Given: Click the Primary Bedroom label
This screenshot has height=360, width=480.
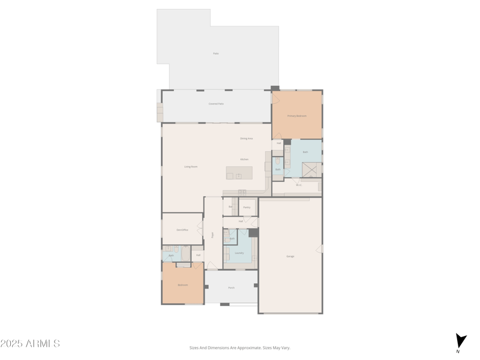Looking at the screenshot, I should click(297, 116).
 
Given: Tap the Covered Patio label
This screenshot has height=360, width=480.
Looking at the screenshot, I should click(216, 104).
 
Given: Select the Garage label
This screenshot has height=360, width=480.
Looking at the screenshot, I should click(290, 256).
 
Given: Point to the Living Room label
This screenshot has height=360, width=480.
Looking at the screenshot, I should click(191, 167).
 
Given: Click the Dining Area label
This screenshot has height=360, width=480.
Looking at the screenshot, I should click(247, 139).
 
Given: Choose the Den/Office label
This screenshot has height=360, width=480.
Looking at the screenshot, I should click(182, 230).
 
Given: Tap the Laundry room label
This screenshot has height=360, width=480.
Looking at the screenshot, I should click(239, 253).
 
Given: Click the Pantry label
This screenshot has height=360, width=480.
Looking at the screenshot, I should click(247, 207).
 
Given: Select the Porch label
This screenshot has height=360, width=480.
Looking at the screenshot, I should click(231, 287).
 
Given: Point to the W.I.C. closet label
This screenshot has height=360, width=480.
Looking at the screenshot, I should click(299, 185).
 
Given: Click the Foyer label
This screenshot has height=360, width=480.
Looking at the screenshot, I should click(212, 235).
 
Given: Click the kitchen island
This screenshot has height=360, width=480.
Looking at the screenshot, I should click(239, 173).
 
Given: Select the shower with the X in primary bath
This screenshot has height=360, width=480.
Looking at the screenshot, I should click(310, 170).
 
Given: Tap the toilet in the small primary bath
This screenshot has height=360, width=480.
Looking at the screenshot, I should click(278, 161).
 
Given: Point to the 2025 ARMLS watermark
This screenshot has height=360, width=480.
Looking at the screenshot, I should click(30, 344).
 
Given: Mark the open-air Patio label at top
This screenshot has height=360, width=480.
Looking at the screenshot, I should click(216, 53).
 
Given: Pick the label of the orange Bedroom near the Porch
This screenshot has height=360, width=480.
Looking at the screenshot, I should click(182, 285).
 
